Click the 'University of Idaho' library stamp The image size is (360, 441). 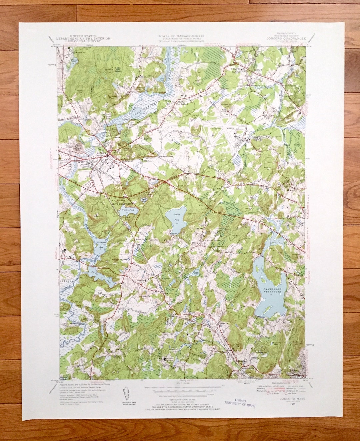pyautogui.click(x=240, y=403)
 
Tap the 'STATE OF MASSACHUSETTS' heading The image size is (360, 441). pyautogui.click(x=182, y=35)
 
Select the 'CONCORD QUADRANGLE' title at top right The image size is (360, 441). pyautogui.click(x=286, y=38)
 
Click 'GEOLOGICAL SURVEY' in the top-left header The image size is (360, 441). pyautogui.click(x=83, y=41)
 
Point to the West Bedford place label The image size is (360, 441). pyautogui.click(x=182, y=104)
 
